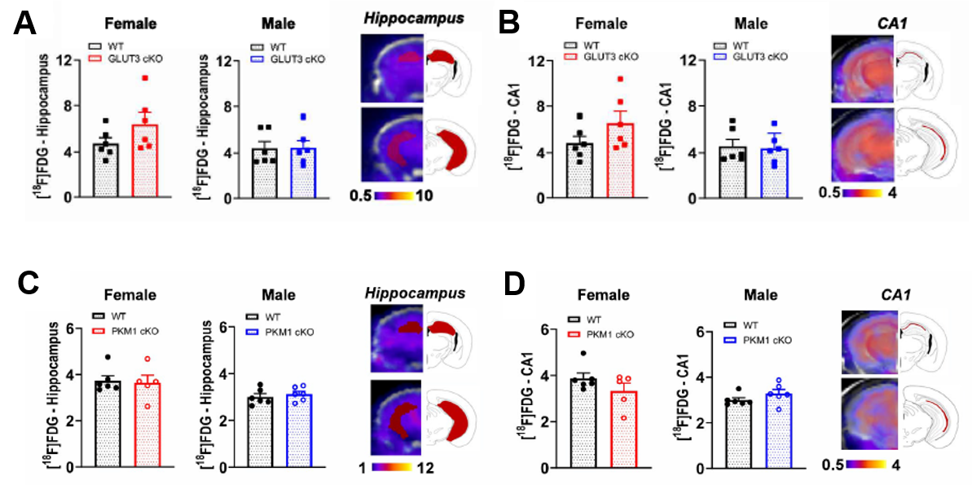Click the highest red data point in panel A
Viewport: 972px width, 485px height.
point(144,78)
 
